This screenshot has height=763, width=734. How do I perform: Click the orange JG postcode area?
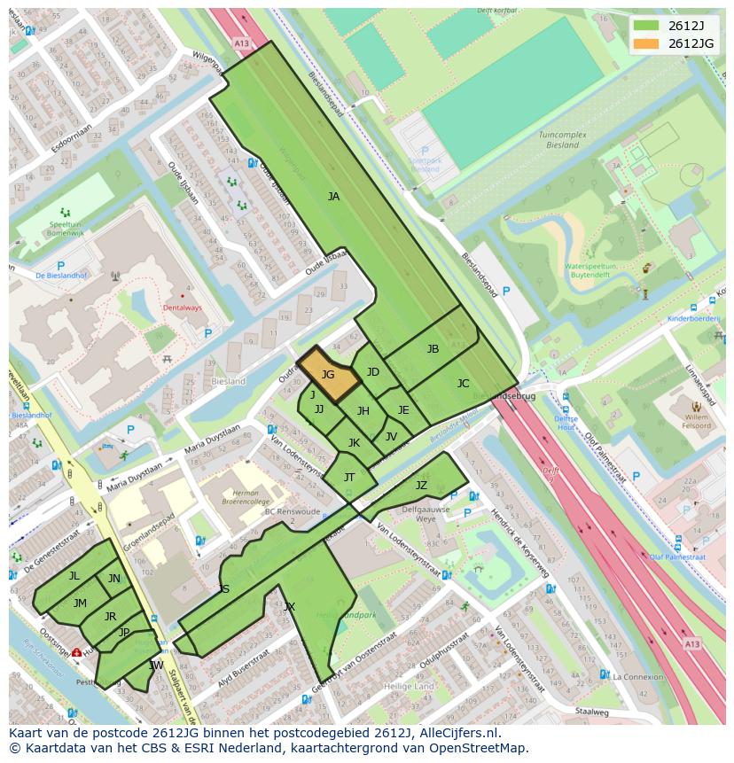pyautogui.click(x=328, y=374)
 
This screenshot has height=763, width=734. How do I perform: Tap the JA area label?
pyautogui.click(x=333, y=197)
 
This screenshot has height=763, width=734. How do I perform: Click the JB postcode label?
pyautogui.click(x=433, y=349)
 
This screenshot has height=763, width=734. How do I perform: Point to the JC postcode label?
pyautogui.click(x=463, y=384)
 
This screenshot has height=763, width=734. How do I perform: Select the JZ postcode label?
pyautogui.click(x=421, y=485)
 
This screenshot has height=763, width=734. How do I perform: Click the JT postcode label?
pyautogui.click(x=349, y=477)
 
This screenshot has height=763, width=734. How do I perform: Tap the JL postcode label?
pyautogui.click(x=74, y=576)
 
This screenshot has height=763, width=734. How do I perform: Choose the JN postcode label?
pyautogui.click(x=114, y=579)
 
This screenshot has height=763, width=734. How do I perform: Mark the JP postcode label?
pyautogui.click(x=124, y=632)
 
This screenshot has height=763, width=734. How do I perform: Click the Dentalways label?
pyautogui.click(x=183, y=308)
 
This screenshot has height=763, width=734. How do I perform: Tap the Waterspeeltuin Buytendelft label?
pyautogui.click(x=590, y=269)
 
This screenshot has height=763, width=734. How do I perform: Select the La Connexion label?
pyautogui.click(x=636, y=677)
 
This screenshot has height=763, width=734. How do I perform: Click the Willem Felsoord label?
pyautogui.click(x=696, y=420)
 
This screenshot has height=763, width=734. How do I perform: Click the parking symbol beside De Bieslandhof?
pyautogui.click(x=61, y=265)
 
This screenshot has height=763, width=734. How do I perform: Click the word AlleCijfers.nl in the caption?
pyautogui.click(x=458, y=734)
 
